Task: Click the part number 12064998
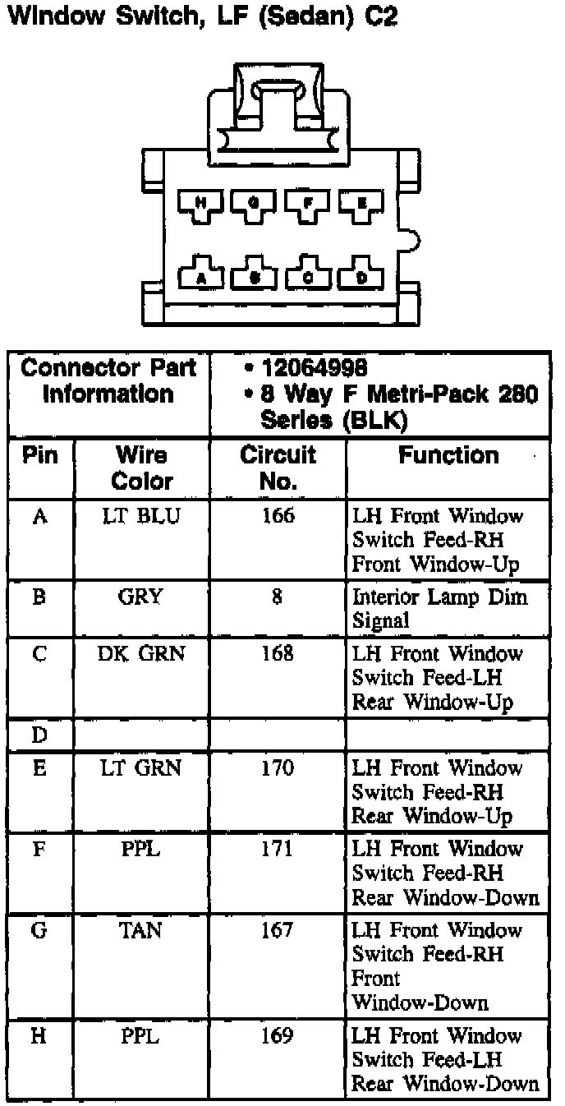pos(314,367)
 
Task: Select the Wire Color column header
pos(142,468)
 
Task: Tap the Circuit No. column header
pos(278,468)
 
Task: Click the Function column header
pos(448,456)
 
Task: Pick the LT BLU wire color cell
pos(141,517)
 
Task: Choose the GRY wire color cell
pos(141,597)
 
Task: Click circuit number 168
pos(278,654)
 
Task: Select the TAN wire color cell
pos(141,930)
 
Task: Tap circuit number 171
pos(278,849)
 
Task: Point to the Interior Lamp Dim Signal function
pos(439,609)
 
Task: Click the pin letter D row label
pos(39,735)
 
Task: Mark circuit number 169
pos(278,1035)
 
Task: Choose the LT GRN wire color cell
pos(141,768)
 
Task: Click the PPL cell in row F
pos(141,849)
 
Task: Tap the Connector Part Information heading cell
pos(108,380)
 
